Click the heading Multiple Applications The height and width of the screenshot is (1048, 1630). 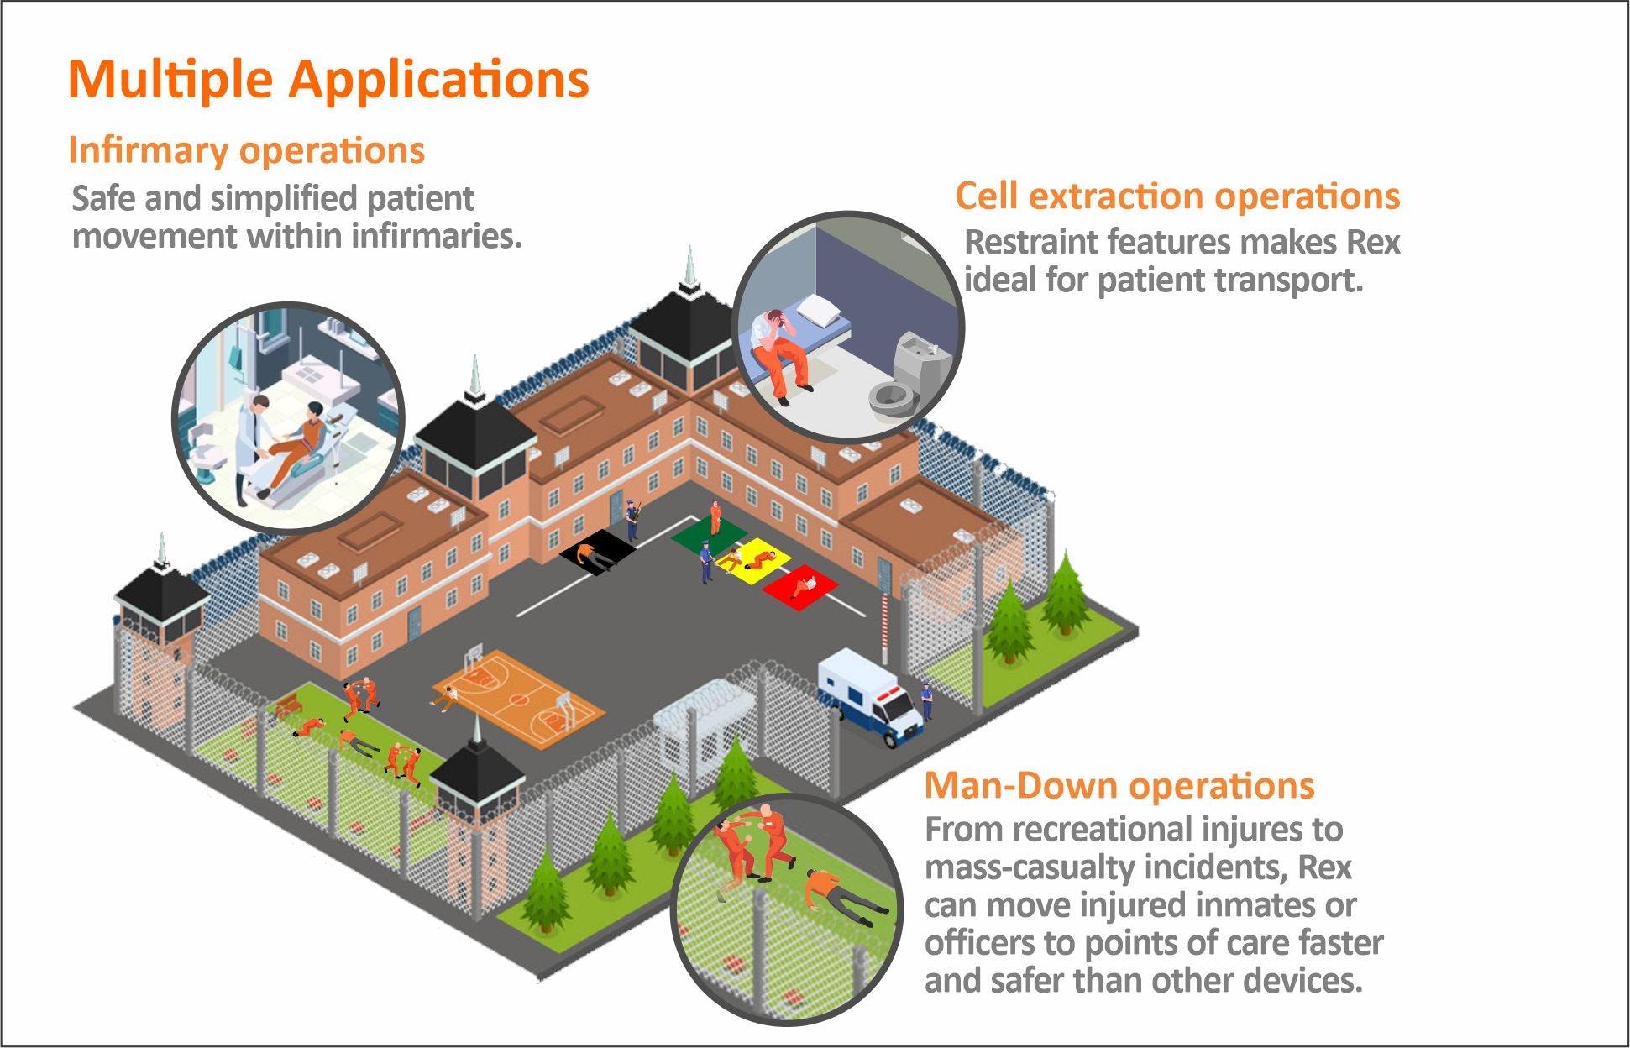(328, 80)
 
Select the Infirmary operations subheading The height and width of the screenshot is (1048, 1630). (246, 150)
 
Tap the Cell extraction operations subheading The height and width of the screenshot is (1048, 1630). (1177, 196)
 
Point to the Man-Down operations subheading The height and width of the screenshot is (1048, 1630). (1119, 786)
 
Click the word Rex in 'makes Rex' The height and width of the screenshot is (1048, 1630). (1373, 242)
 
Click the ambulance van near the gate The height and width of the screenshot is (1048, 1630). (870, 697)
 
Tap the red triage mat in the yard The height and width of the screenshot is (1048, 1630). (799, 586)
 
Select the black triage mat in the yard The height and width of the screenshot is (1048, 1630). (597, 552)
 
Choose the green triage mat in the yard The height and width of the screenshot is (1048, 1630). (709, 535)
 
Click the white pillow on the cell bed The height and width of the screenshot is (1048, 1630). (818, 311)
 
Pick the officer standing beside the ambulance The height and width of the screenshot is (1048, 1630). (927, 700)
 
